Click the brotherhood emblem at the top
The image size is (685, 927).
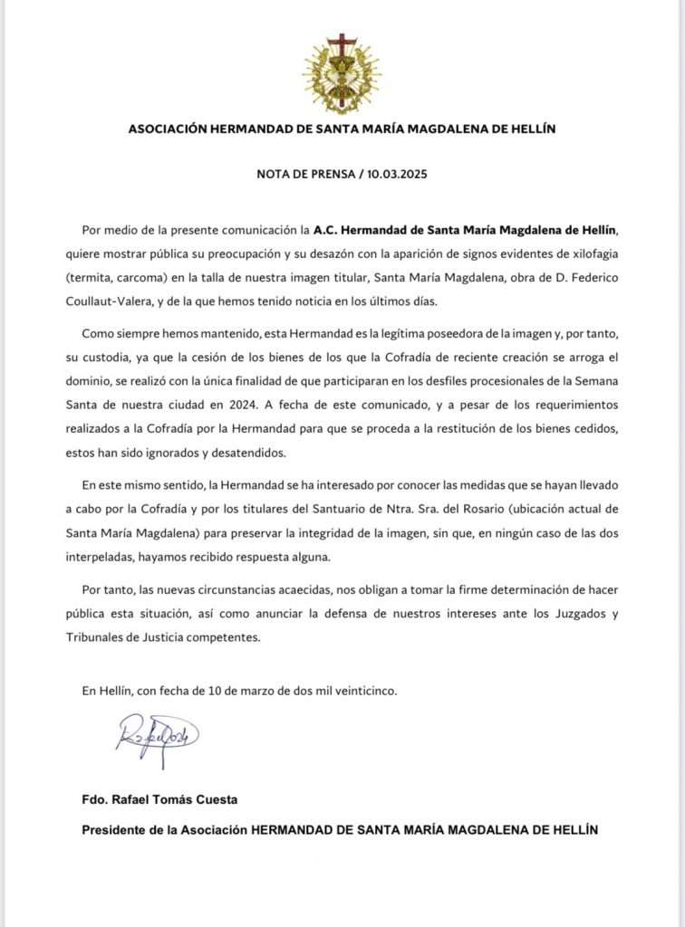point(342,72)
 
